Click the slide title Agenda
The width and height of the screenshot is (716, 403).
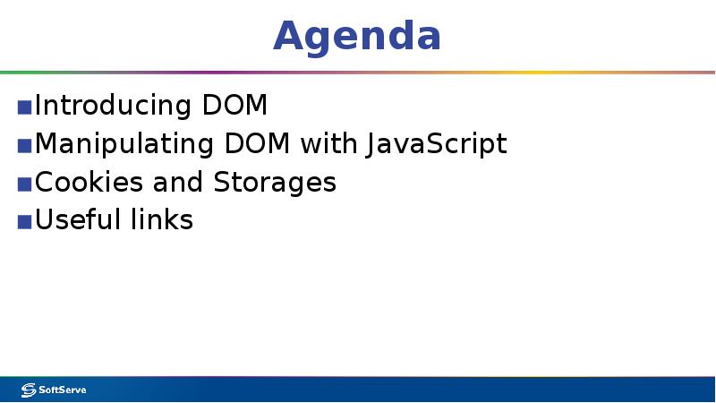(357, 36)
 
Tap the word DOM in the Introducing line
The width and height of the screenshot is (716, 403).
(234, 106)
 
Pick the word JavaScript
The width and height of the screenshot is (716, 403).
(436, 144)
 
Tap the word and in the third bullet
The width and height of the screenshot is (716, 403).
(179, 183)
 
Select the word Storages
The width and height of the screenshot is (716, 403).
(275, 183)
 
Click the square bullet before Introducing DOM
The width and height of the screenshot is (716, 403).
(24, 107)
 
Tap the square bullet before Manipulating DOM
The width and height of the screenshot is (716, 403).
(24, 146)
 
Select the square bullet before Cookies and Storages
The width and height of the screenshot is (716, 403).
(24, 184)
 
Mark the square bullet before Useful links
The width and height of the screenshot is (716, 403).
(24, 222)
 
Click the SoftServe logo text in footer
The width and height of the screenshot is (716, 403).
(62, 390)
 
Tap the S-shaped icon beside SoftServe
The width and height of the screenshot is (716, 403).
(28, 390)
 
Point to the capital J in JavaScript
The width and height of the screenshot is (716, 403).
(371, 144)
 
